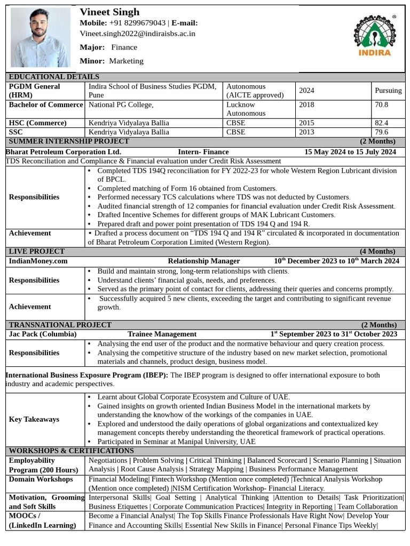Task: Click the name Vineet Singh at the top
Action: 109,12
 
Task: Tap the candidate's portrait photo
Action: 41,37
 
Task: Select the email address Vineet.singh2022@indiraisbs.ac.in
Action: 137,34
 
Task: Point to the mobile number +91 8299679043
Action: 137,23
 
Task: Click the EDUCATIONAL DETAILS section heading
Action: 54,77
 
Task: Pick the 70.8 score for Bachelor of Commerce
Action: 382,105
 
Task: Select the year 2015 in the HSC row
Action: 306,123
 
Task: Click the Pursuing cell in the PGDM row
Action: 388,91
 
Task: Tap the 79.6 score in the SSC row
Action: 382,132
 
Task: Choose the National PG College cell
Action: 121,105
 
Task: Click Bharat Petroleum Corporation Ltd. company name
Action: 64,152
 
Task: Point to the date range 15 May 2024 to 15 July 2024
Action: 350,152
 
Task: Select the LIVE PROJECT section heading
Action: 37,251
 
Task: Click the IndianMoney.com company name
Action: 38,261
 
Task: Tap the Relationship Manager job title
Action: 203,261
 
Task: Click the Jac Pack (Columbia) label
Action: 43,334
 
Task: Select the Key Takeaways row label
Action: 34,420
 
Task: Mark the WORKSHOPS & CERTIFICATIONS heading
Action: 71,451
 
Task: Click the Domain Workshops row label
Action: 41,479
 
